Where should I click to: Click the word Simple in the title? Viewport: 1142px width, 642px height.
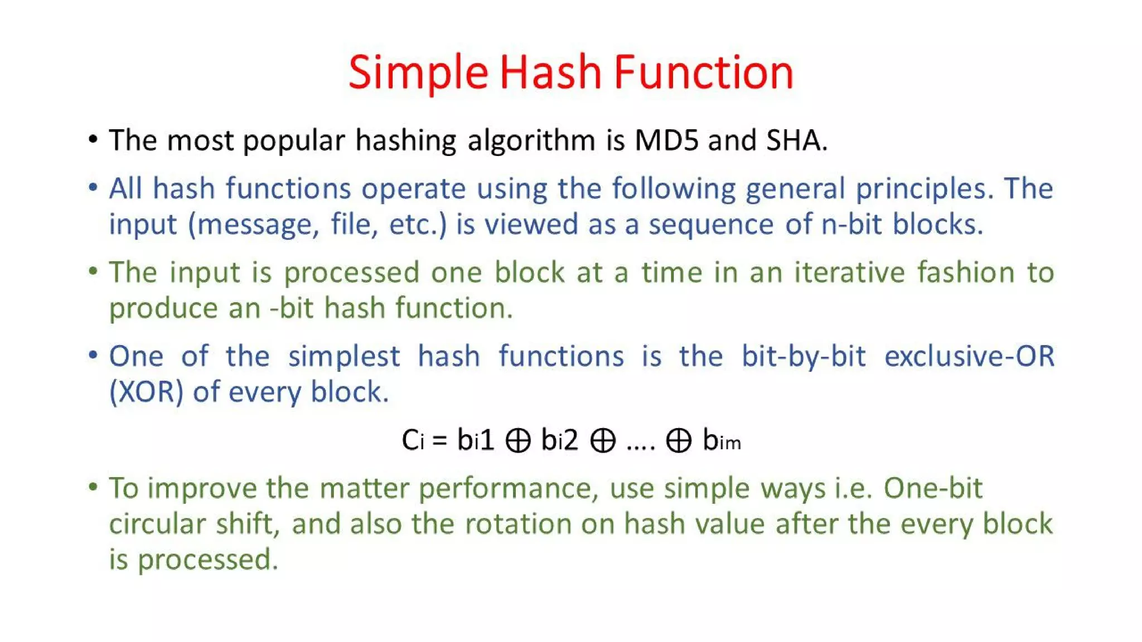tap(418, 72)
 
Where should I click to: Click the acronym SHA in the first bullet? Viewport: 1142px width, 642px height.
tap(796, 140)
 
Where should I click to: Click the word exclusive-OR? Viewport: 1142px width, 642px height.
tap(969, 356)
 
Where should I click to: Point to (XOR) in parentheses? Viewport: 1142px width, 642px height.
tap(146, 392)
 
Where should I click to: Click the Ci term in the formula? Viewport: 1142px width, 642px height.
tap(413, 440)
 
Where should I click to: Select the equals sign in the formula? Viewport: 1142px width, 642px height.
tap(439, 441)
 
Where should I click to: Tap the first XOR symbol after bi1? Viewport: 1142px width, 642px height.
tap(517, 441)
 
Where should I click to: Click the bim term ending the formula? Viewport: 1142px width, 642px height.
tap(722, 440)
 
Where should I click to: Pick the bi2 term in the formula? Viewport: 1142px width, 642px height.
tap(559, 440)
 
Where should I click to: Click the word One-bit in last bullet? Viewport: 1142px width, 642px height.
tap(932, 488)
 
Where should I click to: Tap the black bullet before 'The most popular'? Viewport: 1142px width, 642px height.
tap(93, 139)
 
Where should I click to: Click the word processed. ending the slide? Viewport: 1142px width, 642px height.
tap(207, 560)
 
